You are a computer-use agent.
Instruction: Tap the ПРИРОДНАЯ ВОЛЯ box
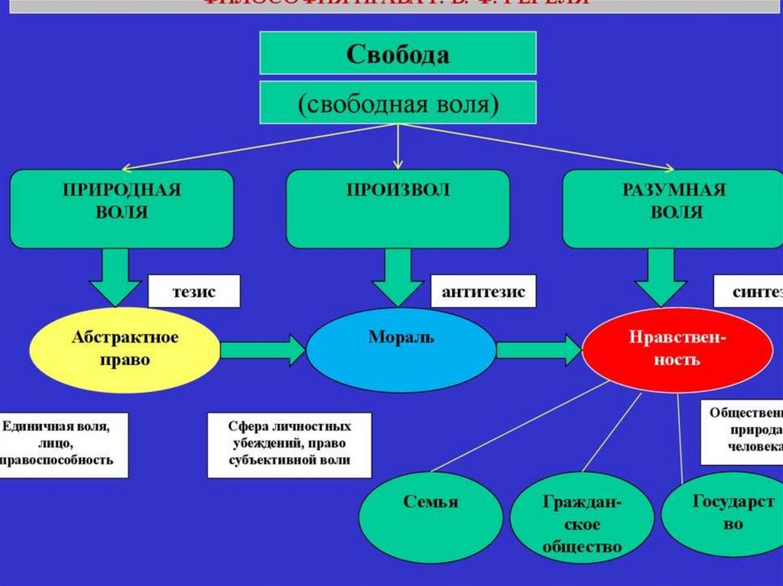122,208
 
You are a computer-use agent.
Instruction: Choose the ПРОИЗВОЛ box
398,208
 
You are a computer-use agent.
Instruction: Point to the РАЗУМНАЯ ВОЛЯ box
676,208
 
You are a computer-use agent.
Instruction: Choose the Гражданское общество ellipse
582,524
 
